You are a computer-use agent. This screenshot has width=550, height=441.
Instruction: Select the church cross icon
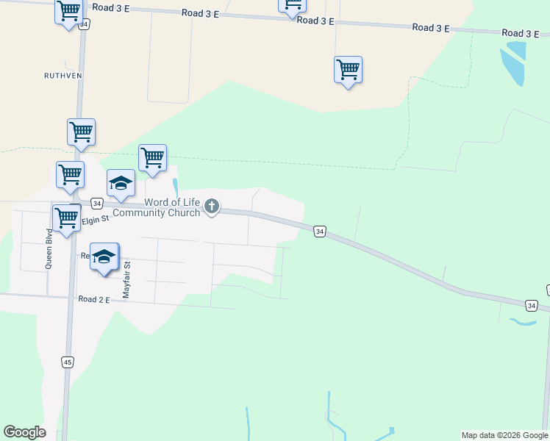point(212,207)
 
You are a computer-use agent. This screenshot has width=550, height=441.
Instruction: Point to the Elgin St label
point(95,219)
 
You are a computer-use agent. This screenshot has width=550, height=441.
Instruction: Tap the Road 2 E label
point(93,300)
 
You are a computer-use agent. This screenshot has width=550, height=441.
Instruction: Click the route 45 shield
point(68,362)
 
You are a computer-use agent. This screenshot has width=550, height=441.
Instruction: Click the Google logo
point(24,432)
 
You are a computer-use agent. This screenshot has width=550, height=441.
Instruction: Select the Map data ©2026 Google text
point(504,435)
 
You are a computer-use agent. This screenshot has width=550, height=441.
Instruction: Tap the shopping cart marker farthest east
point(348,71)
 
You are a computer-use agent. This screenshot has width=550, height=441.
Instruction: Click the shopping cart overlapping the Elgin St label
point(66,219)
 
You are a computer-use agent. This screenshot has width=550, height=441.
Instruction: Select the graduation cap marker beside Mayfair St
point(104,257)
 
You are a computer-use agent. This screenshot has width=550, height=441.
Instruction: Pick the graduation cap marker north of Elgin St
point(121,184)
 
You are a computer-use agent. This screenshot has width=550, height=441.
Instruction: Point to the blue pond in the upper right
point(513,61)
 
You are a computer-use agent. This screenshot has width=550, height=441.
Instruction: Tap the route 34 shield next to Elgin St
point(96,203)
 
